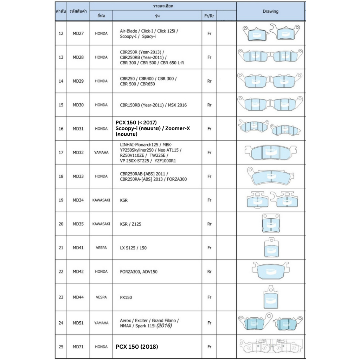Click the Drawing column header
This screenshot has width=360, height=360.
[x=270, y=11]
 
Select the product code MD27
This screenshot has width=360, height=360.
[x=78, y=34]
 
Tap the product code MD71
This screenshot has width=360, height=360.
[x=78, y=347]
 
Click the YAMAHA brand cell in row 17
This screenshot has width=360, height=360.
[x=101, y=153]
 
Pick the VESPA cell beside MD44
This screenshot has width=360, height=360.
[x=101, y=297]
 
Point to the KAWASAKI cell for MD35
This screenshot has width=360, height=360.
[x=101, y=224]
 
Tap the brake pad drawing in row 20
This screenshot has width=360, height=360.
[x=271, y=224]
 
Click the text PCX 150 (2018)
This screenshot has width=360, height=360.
[x=137, y=347]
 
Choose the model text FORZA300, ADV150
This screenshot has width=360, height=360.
[x=139, y=272]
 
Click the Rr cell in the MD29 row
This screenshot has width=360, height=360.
[x=209, y=81]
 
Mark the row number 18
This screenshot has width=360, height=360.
[x=61, y=176]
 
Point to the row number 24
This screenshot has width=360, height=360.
[x=61, y=323]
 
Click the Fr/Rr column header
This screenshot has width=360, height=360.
[x=209, y=16]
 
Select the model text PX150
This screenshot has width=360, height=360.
[x=126, y=297]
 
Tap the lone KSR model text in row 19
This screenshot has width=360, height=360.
[x=124, y=200]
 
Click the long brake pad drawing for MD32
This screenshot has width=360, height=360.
[x=270, y=153]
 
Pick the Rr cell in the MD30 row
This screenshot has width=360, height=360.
[x=209, y=105]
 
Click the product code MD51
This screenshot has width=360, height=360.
[x=78, y=323]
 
